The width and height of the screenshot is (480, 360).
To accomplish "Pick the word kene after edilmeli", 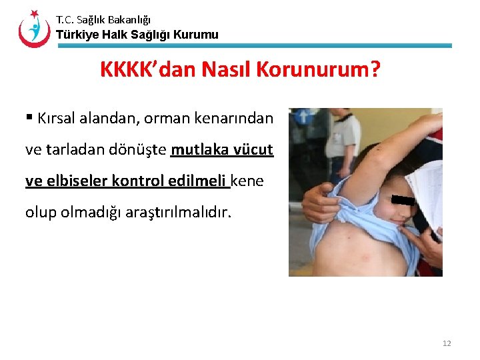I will (247, 180).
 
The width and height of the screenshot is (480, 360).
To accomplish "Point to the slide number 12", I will (446, 343).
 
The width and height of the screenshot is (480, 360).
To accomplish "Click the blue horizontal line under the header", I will (253, 46).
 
